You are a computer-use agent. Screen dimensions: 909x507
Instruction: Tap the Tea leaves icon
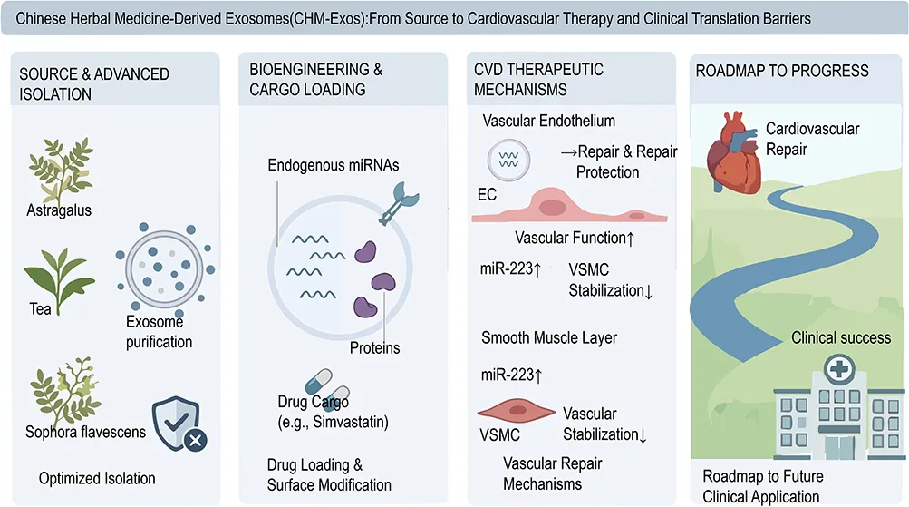pos(59,279)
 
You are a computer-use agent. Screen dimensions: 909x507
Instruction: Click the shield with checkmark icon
pos(178,424)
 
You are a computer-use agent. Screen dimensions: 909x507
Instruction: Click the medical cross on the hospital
pos(839,369)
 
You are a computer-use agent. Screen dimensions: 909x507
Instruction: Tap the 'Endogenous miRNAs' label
pos(334,165)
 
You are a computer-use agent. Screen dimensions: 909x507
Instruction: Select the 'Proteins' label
pos(374,348)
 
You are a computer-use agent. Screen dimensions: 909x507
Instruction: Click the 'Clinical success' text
pos(841,337)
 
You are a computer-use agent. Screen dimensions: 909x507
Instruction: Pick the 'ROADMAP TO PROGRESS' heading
pos(782,72)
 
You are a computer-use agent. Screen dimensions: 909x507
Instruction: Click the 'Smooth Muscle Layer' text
pos(549,337)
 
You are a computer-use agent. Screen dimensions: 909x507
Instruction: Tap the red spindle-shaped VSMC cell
pos(516,411)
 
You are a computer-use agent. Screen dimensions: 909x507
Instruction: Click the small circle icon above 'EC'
pos(508,161)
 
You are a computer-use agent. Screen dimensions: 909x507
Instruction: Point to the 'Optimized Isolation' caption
pos(97,479)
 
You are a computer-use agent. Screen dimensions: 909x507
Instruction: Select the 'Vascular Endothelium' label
pos(548,121)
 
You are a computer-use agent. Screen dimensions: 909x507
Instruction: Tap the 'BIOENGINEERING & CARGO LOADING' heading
pos(316,80)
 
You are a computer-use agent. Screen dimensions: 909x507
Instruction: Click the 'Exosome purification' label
pos(159,332)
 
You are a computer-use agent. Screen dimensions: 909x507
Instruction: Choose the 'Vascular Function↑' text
pos(575,238)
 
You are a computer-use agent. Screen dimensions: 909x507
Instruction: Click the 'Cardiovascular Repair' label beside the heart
pos(812,140)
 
